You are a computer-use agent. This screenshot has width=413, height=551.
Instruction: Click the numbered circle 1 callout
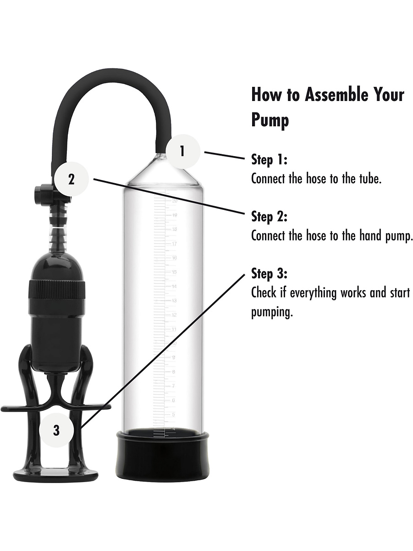pos(183,152)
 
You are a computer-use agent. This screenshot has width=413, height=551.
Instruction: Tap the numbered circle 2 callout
pos(72,180)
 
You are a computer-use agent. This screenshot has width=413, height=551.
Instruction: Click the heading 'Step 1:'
pos(269,160)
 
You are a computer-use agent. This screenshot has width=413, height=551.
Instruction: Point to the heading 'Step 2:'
pos(269,217)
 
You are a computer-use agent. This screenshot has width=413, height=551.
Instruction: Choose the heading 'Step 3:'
pos(269,274)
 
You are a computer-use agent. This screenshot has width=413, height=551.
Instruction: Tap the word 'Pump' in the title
pos(270,120)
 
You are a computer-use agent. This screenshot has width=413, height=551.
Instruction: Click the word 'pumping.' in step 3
pos(272,313)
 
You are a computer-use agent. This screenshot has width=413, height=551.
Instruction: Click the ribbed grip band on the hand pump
pos(57,289)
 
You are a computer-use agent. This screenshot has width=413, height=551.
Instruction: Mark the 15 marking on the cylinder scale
pos(175,272)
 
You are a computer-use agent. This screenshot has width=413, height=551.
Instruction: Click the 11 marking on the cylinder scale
pos(174,329)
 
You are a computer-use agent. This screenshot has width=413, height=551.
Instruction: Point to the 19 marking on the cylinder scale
pos(175,215)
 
